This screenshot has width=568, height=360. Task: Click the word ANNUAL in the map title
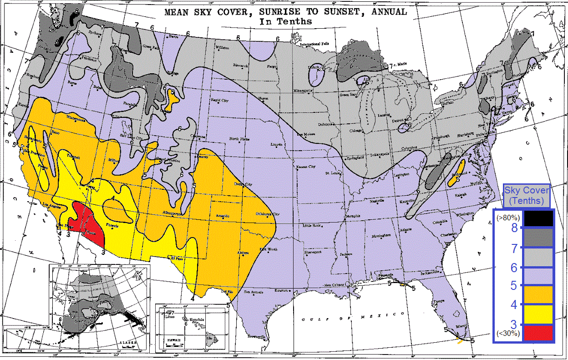382,11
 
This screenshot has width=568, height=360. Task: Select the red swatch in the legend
538,333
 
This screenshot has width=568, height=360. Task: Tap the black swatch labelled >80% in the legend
538,218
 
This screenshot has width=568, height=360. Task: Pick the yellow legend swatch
538,314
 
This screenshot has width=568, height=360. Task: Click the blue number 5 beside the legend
513,286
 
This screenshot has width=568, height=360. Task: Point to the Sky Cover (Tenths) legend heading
527,195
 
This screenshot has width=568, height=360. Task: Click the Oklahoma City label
268,214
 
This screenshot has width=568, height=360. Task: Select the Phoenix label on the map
113,226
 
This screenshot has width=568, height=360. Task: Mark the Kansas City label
306,167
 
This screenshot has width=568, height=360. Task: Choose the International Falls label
314,44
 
